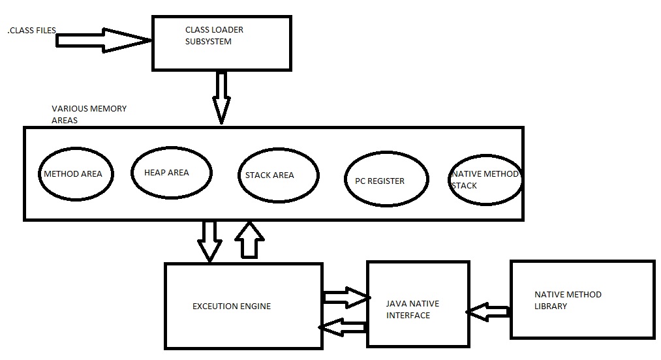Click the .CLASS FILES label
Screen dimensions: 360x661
[x=31, y=31]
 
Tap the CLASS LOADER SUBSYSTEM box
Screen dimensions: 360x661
[x=221, y=42]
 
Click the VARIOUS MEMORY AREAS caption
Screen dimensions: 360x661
[x=89, y=114]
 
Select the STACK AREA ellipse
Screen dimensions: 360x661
[x=278, y=175]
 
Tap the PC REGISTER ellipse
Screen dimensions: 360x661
[x=386, y=181]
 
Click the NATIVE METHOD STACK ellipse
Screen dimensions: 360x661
[x=485, y=180]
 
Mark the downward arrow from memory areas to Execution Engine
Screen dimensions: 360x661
[x=210, y=240]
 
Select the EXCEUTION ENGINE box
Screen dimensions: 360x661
[x=243, y=307]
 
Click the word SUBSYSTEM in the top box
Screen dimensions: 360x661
[x=208, y=41]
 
